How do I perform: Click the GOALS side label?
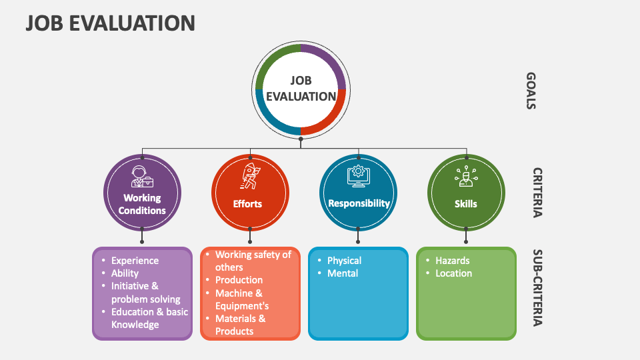[x=531, y=91]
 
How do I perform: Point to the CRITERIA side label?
[x=537, y=193]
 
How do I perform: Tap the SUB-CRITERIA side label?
[x=537, y=288]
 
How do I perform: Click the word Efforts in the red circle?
[x=247, y=204]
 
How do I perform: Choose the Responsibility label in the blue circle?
[x=359, y=203]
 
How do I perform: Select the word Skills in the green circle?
[x=466, y=204]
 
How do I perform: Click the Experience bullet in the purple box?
[x=135, y=261]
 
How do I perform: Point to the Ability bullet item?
[x=125, y=273]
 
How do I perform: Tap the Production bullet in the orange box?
[x=239, y=280]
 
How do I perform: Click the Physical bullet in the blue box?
[x=344, y=261]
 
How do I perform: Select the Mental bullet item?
[x=343, y=273]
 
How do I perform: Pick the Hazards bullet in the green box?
[x=452, y=261]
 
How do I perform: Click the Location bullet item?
[x=453, y=273]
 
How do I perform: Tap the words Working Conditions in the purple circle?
[x=142, y=204]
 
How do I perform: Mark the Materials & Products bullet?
[x=240, y=325]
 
